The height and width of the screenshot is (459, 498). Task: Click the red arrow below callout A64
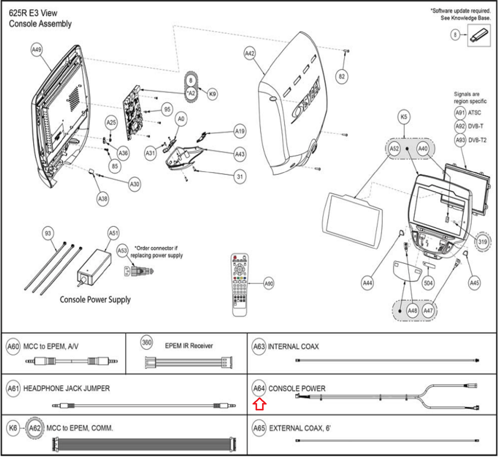pos(259,405)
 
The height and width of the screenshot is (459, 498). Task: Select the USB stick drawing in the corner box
pos(478,35)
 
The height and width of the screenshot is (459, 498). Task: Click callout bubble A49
pos(36,50)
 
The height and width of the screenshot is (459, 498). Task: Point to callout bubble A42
pos(250,54)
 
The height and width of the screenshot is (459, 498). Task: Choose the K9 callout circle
pos(212,94)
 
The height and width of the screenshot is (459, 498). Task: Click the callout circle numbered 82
pos(342,77)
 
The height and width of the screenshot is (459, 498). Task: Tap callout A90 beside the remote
pos(269,284)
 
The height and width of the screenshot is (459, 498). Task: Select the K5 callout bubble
pos(404,117)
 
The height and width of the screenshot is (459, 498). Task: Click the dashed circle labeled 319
pos(482,242)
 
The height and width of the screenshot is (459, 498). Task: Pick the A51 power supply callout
pos(114,233)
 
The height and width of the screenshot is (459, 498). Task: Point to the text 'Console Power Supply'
pos(95,300)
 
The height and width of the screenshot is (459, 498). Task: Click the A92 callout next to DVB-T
pos(460,126)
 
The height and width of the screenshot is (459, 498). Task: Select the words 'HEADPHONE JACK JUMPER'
pos(67,389)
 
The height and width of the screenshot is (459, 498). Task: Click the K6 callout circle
pos(13,428)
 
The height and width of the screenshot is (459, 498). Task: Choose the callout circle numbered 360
pos(147,343)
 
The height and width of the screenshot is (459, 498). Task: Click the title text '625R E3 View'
pos(33,13)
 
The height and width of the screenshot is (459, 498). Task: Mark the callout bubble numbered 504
pos(428,283)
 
